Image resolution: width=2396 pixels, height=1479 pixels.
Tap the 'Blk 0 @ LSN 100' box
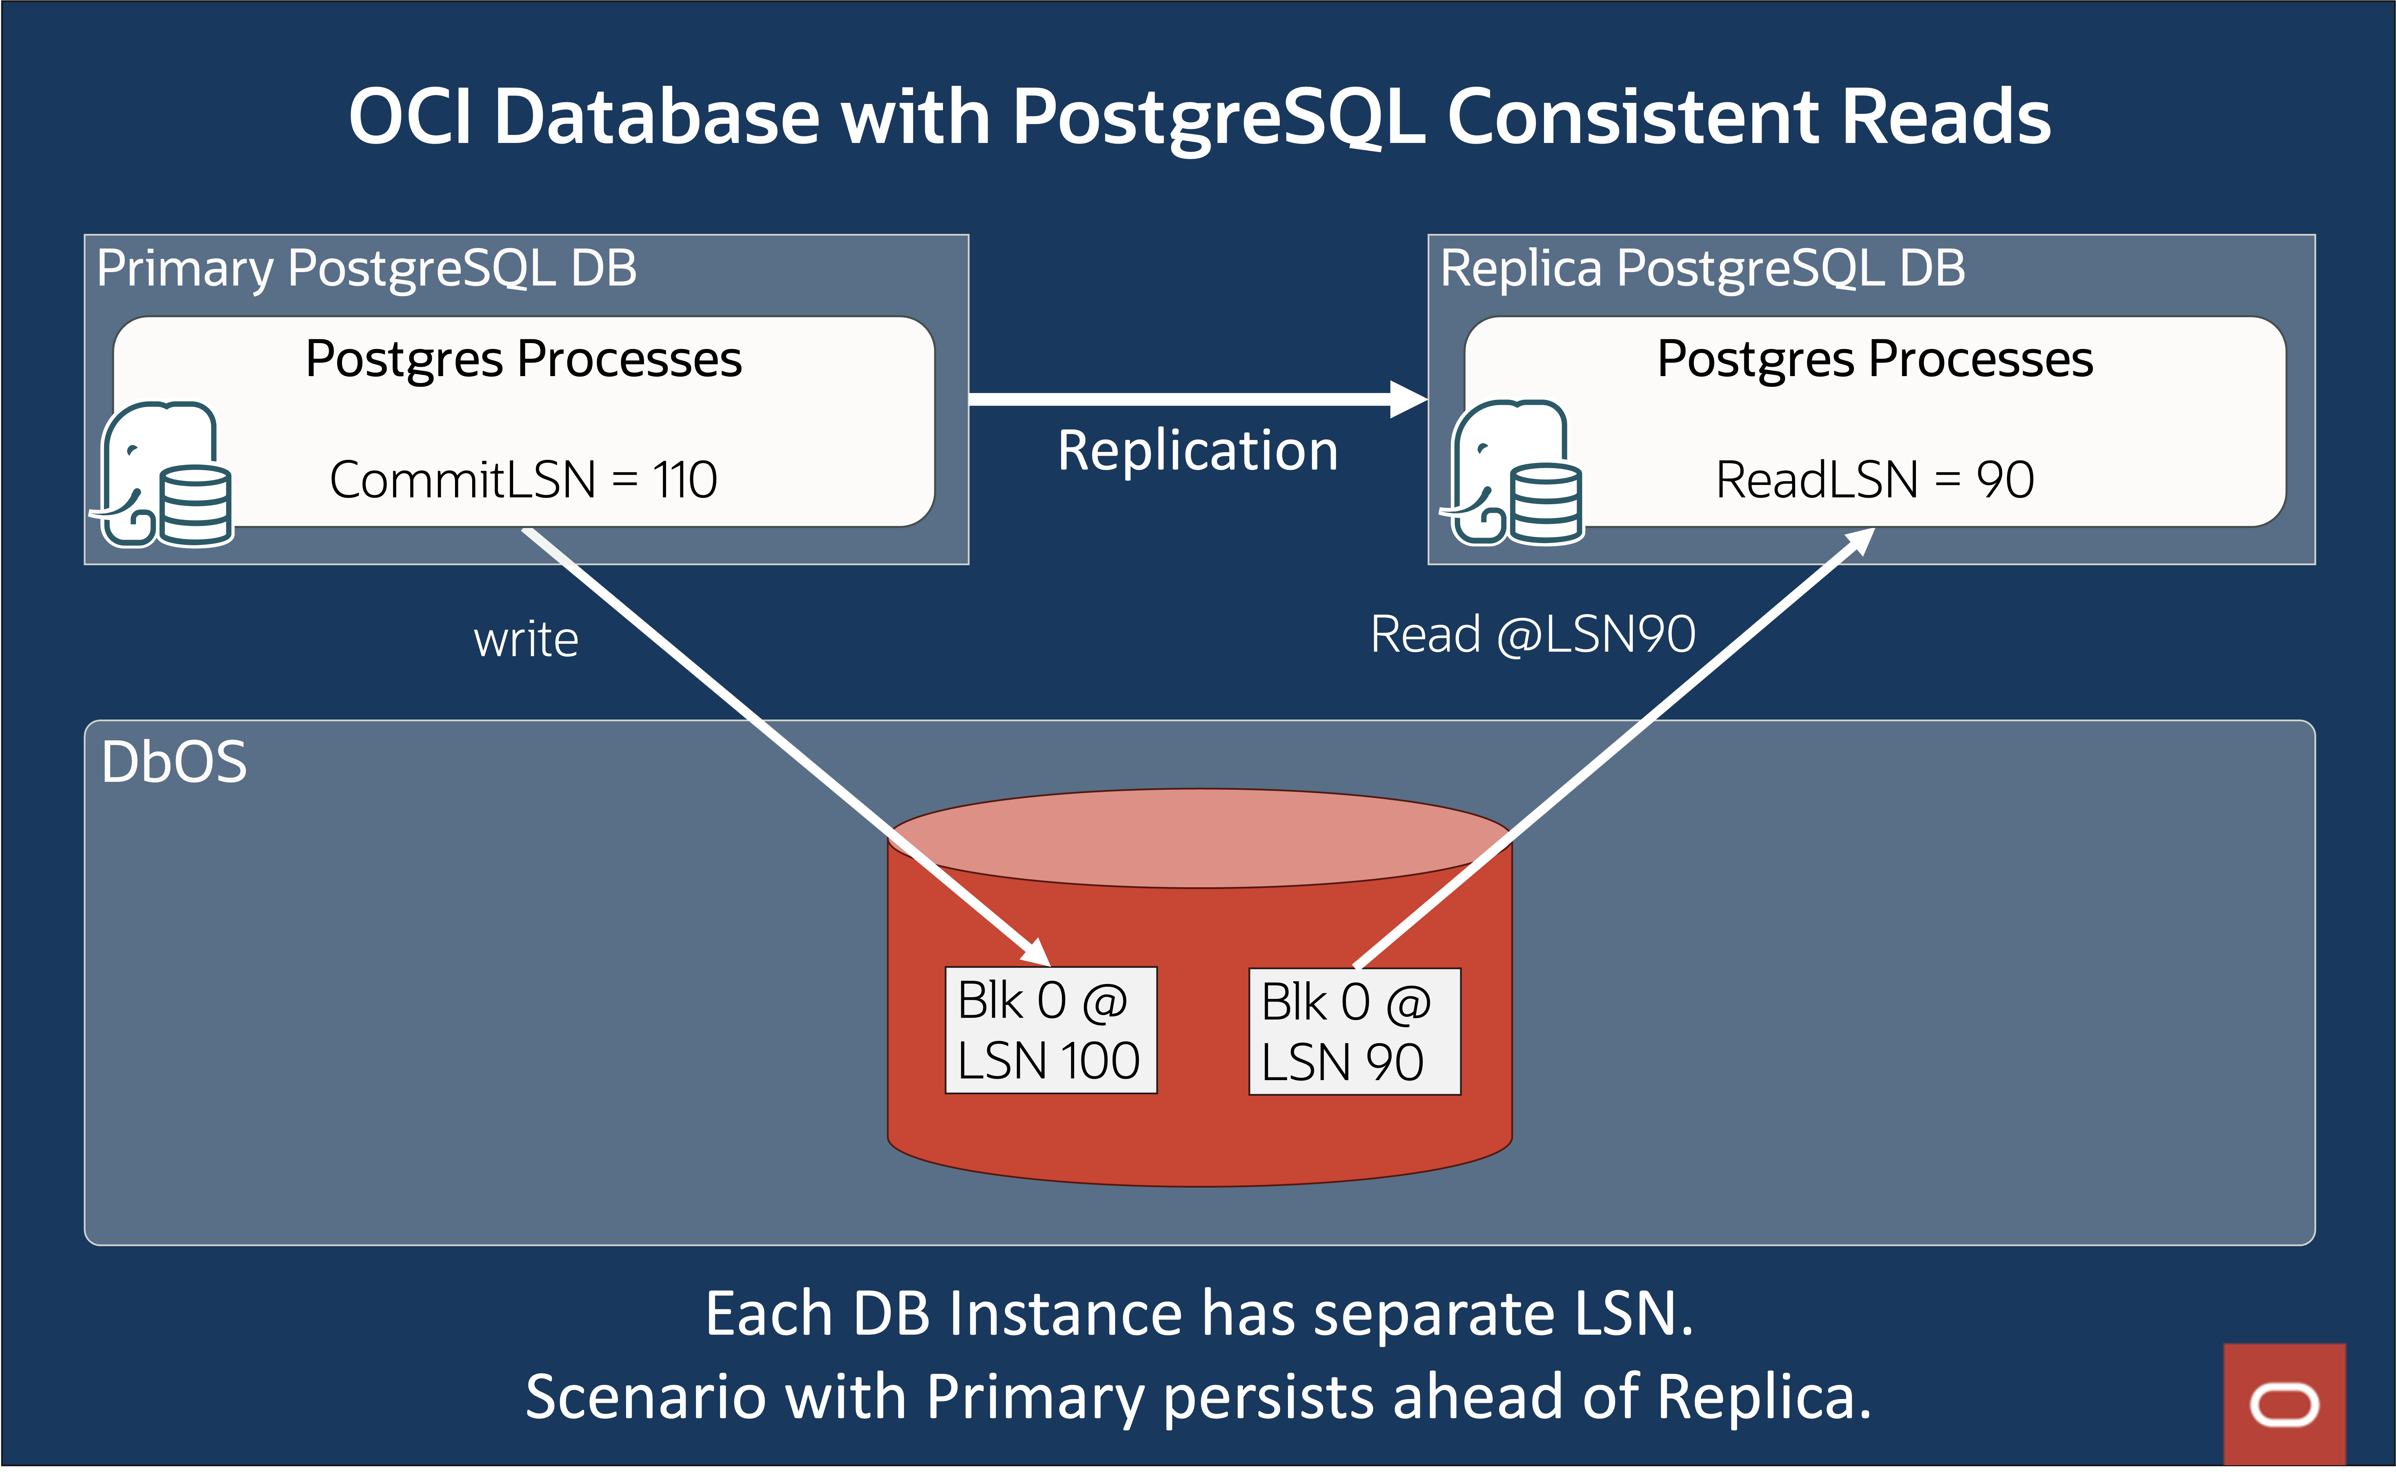click(1050, 1030)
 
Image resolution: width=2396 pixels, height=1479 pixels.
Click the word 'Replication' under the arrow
click(1198, 451)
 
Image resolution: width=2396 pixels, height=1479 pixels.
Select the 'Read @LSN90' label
click(1533, 635)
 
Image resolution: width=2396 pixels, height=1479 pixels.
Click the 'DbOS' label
click(174, 762)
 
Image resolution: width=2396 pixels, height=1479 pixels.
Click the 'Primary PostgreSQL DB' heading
click(367, 268)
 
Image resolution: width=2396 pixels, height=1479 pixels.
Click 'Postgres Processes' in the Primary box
click(523, 359)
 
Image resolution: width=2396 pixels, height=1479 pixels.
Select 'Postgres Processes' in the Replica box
click(1875, 359)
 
